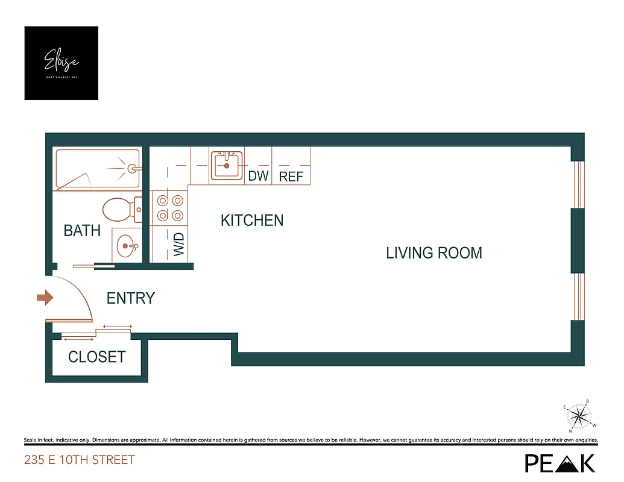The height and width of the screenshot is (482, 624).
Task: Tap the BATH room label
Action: (x=82, y=231)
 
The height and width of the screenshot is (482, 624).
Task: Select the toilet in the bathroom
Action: (x=121, y=210)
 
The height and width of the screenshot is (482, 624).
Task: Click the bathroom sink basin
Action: (x=126, y=245)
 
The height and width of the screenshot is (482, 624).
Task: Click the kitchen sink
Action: (x=227, y=164)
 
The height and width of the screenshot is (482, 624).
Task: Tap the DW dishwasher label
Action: (x=258, y=176)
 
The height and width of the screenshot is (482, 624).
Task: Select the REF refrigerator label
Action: (x=291, y=177)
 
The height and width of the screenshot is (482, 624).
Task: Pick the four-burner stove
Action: (x=169, y=207)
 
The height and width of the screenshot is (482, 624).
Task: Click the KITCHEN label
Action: (x=252, y=221)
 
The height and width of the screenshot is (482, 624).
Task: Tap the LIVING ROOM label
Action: (x=434, y=252)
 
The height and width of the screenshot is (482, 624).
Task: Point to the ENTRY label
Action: (x=131, y=298)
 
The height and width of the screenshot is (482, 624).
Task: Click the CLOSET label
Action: (x=96, y=357)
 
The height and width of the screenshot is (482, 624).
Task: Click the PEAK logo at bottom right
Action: (x=560, y=462)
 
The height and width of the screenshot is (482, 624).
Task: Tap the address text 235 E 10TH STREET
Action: (x=80, y=460)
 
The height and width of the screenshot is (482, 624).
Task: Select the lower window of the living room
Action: (x=578, y=296)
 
